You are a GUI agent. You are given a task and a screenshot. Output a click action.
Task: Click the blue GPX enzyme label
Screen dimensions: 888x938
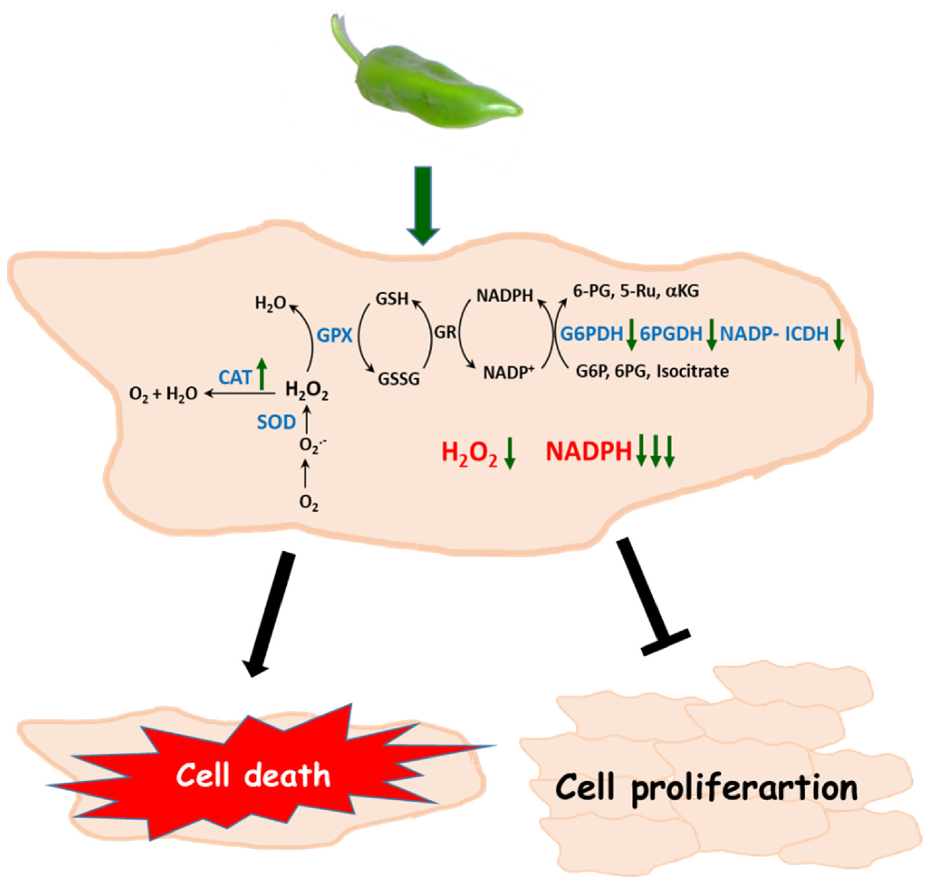(335, 336)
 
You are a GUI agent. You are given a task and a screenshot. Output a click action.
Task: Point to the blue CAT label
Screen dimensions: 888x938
(235, 378)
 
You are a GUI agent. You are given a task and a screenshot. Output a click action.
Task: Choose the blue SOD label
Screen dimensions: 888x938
(276, 422)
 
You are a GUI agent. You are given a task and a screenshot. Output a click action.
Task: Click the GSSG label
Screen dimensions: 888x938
(399, 379)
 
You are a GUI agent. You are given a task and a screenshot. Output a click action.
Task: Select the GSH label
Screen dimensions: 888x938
(392, 299)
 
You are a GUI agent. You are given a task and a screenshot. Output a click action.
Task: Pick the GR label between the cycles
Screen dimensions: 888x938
(445, 333)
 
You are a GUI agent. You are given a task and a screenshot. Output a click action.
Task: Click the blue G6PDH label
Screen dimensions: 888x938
(592, 334)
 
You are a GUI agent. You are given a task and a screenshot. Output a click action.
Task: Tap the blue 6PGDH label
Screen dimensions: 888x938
(671, 334)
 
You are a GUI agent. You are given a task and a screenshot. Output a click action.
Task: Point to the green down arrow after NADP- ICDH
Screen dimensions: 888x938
(838, 335)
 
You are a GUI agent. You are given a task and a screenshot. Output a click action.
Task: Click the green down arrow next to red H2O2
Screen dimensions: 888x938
(510, 453)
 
